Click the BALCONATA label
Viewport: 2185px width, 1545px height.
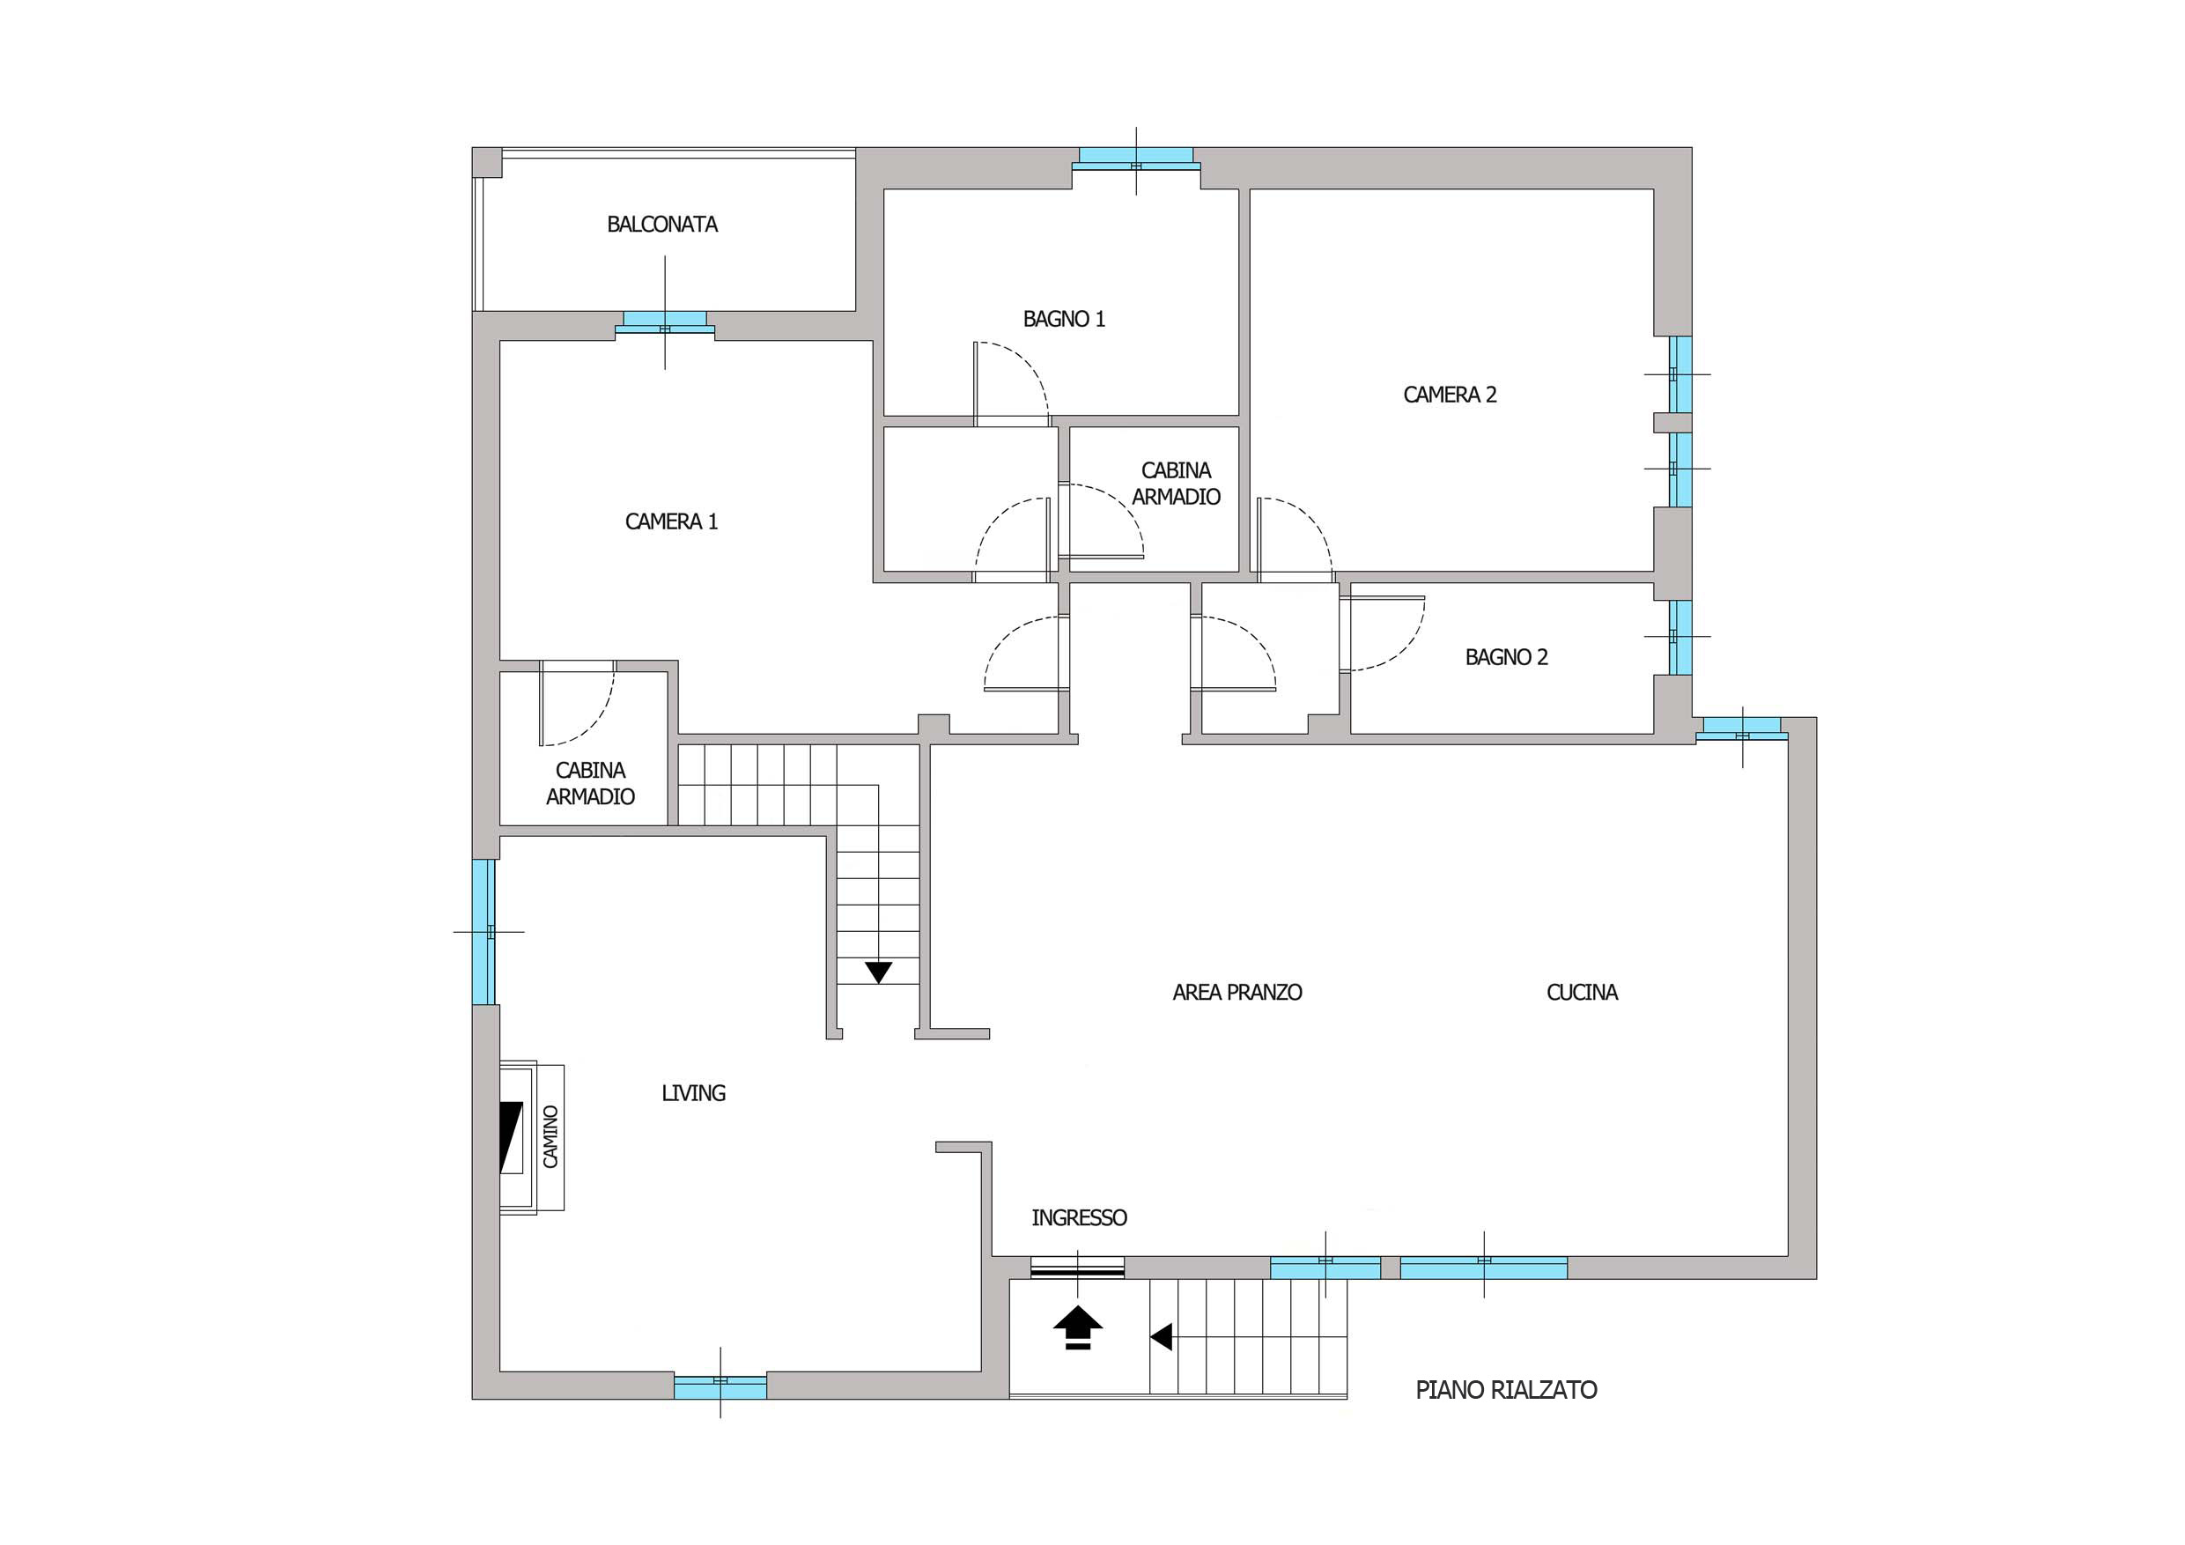(x=662, y=225)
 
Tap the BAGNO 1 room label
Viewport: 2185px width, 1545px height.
(x=1064, y=319)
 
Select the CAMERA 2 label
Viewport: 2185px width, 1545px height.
(x=1450, y=394)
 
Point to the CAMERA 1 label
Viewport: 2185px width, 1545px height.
(x=671, y=521)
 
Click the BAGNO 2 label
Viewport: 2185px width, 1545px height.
(x=1507, y=657)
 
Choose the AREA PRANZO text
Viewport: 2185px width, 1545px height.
(x=1237, y=992)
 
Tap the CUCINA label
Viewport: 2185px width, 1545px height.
(x=1582, y=992)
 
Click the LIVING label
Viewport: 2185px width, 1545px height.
(x=694, y=1093)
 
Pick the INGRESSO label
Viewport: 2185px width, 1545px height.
(x=1079, y=1217)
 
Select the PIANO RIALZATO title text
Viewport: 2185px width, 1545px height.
(x=1507, y=1390)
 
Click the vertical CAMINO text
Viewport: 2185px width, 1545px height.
(x=551, y=1135)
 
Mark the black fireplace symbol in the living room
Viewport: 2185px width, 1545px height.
(x=512, y=1137)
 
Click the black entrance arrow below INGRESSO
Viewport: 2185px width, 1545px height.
(x=1077, y=1328)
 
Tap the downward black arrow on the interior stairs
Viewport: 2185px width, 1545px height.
(x=878, y=972)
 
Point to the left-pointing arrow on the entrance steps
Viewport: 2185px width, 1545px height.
(x=1160, y=1337)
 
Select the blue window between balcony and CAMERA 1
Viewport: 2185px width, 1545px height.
(x=664, y=322)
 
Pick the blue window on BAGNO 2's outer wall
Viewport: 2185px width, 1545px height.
(x=1681, y=636)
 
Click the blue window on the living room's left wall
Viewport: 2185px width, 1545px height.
(x=484, y=932)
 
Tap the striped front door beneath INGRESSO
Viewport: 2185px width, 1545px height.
(x=1077, y=1268)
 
